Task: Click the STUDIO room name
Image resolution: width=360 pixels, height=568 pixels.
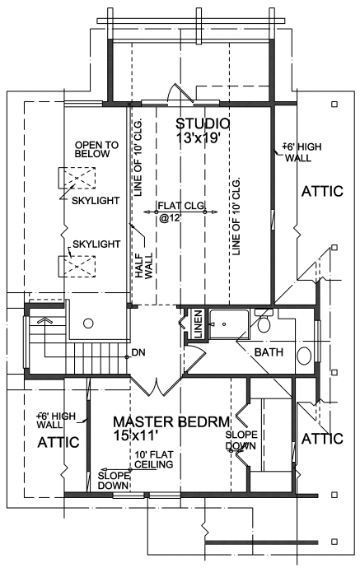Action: tap(203, 123)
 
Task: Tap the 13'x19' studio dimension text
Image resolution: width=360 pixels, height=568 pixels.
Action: tap(203, 138)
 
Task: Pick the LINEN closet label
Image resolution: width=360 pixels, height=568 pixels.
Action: tap(198, 324)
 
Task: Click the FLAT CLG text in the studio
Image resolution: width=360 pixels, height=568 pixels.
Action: tap(181, 204)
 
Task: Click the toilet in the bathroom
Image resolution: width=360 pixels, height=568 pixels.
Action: tap(264, 323)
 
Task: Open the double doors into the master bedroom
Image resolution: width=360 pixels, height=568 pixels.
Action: tap(152, 383)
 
